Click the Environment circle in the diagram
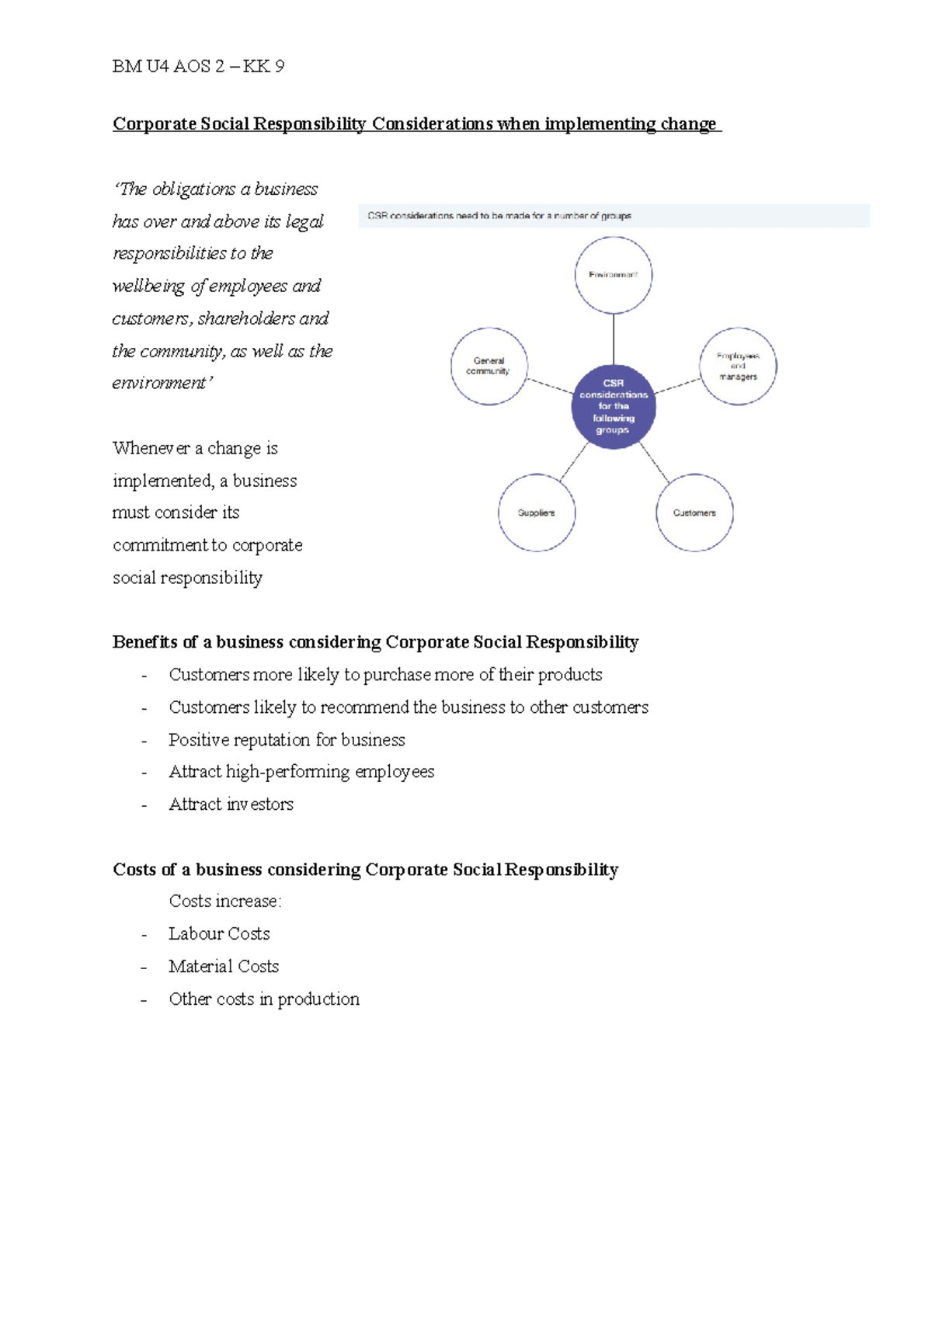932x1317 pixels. pos(614,275)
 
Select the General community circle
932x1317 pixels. pos(489,366)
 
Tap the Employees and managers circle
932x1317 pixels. pos(738,366)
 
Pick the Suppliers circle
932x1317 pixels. pos(537,513)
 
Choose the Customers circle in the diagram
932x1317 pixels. pos(694,513)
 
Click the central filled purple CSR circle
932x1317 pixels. pos(614,406)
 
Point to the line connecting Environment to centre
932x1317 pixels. pos(614,339)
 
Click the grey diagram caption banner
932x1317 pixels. pos(614,216)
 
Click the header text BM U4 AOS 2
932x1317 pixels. pos(198,67)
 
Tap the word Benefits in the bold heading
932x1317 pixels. pos(144,642)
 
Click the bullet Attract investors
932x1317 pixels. pos(231,804)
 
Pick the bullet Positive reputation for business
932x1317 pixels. pos(287,740)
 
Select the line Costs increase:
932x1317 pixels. pos(225,902)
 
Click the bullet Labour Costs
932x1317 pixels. pos(219,934)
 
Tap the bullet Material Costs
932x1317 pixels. pos(224,967)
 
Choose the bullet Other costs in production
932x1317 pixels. pos(264,999)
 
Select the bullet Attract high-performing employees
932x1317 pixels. pos(301,772)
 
